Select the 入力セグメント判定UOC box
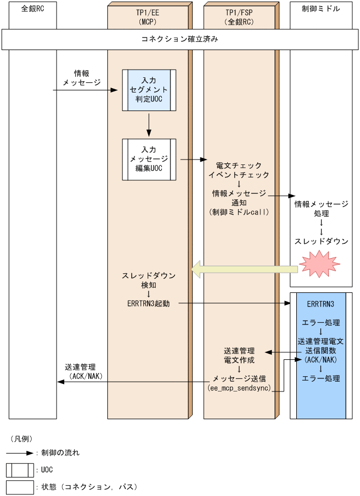[149, 89]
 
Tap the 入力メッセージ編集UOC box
[149, 159]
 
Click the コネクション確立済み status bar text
[180, 40]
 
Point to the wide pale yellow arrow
[245, 268]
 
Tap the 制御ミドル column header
[321, 10]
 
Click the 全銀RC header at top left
[32, 10]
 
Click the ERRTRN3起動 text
[148, 303]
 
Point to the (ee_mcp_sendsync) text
[239, 389]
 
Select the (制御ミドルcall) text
[239, 213]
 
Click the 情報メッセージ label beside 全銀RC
[82, 78]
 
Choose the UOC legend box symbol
[20, 470]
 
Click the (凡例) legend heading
[22, 438]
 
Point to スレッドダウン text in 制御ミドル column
[321, 241]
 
